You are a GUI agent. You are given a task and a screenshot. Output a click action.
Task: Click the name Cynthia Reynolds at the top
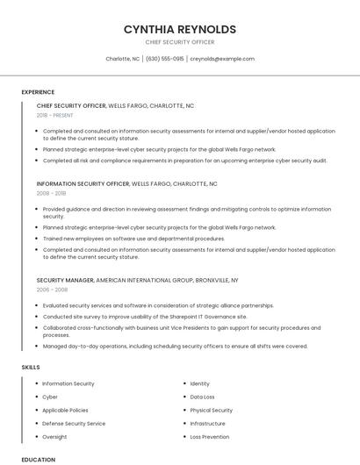[x=180, y=29]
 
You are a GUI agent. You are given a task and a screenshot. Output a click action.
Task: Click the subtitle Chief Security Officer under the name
[x=180, y=42]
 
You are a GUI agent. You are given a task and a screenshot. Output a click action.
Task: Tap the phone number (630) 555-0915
[x=164, y=59]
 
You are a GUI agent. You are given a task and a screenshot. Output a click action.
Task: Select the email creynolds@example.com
[x=222, y=59]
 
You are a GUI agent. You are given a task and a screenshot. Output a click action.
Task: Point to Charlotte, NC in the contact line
[x=122, y=59]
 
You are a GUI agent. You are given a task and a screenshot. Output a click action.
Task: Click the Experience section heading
[x=38, y=92]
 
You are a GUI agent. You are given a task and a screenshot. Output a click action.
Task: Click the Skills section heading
[x=30, y=367]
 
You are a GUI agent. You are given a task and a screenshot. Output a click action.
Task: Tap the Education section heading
[x=39, y=459]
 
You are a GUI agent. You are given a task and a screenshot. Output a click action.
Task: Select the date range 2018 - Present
[x=54, y=115]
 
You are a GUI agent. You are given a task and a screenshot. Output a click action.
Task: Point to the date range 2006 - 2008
[x=52, y=289]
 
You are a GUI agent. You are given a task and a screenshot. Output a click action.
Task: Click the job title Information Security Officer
[x=83, y=184]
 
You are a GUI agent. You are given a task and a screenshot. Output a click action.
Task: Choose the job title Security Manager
[x=65, y=280]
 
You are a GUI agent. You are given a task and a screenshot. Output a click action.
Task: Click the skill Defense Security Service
[x=74, y=423]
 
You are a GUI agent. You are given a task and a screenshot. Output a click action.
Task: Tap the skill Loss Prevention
[x=210, y=436]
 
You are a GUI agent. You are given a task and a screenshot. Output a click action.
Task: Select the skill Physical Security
[x=212, y=410]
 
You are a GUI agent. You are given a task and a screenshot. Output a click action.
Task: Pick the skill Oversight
[x=54, y=436]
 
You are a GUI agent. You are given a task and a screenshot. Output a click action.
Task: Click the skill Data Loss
[x=203, y=397]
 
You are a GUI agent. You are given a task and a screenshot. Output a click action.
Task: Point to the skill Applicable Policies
[x=65, y=410]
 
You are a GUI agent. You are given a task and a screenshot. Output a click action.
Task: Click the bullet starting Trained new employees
[x=133, y=239]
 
